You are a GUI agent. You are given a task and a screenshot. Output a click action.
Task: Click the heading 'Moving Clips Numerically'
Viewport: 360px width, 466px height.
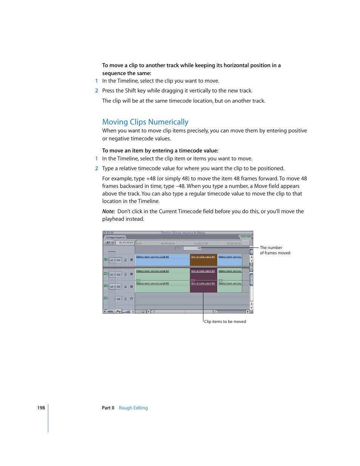click(145, 122)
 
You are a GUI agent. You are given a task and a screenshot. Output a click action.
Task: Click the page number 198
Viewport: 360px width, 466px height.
click(41, 408)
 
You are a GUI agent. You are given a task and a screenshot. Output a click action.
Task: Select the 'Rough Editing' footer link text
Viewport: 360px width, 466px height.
click(133, 408)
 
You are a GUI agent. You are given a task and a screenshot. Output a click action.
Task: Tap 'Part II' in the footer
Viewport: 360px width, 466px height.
click(108, 408)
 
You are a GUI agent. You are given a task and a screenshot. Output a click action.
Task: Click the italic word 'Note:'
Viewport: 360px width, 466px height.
click(109, 211)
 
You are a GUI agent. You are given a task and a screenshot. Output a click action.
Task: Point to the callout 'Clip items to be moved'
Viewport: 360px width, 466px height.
click(225, 321)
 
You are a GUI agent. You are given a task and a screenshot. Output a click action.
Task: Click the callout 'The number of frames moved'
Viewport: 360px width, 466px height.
click(275, 251)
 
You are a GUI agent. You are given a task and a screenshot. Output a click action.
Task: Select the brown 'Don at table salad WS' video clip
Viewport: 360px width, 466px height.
click(203, 260)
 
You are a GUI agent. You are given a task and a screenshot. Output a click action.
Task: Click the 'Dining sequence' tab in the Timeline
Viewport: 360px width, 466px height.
click(115, 237)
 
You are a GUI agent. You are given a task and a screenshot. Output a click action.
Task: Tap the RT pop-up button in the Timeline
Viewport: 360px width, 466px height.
click(109, 243)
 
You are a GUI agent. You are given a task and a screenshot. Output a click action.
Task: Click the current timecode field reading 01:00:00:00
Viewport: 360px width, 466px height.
click(126, 243)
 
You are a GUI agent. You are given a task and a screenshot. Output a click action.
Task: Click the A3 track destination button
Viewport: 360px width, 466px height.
click(118, 299)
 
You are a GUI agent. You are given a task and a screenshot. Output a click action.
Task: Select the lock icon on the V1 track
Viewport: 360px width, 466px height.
click(126, 260)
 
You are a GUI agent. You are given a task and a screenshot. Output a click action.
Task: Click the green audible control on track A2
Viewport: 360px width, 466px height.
click(106, 286)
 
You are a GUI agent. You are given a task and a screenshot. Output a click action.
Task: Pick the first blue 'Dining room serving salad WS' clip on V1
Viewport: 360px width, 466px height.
click(162, 260)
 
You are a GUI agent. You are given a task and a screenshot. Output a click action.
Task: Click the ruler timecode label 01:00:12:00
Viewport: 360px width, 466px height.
click(201, 243)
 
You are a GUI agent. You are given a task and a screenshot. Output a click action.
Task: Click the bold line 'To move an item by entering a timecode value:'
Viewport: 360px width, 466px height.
click(160, 151)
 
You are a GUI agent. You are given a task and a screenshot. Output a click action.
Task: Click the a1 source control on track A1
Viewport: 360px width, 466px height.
click(112, 274)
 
